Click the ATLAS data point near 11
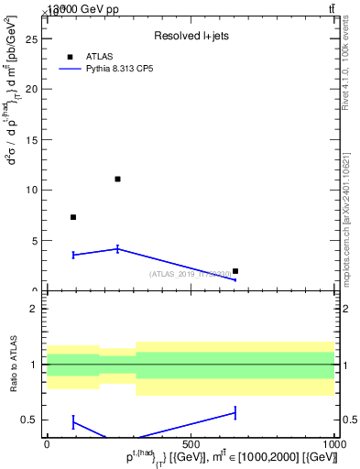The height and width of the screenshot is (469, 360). [x=117, y=179]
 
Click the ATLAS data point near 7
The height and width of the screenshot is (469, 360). [x=73, y=217]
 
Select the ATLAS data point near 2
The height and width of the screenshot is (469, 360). [x=235, y=271]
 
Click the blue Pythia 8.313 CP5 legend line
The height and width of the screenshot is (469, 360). [x=71, y=69]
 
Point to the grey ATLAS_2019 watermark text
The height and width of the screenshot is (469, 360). [x=191, y=274]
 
